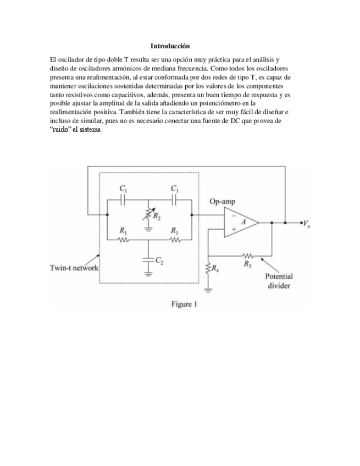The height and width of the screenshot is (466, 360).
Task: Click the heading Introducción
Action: click(x=173, y=46)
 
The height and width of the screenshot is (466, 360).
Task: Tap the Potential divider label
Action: click(x=279, y=281)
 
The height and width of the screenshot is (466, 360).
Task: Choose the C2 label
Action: click(x=159, y=260)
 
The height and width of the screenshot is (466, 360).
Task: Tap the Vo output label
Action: click(x=310, y=224)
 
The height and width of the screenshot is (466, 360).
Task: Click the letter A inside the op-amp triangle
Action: click(x=246, y=222)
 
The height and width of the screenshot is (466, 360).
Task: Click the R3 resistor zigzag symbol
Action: click(x=247, y=255)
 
